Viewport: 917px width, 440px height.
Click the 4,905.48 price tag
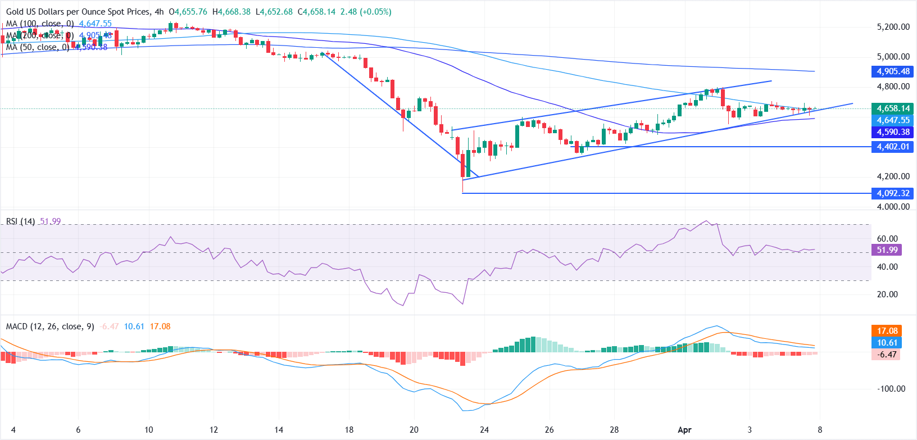point(893,71)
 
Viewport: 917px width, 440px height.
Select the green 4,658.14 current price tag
point(893,108)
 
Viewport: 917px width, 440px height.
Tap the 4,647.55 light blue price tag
point(893,120)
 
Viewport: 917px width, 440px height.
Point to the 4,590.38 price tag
point(893,132)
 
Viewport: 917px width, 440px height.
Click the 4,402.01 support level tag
point(893,147)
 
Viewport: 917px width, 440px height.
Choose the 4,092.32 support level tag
point(893,193)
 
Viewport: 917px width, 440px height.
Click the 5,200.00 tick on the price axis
point(893,26)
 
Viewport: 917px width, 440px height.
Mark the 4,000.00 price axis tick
point(893,206)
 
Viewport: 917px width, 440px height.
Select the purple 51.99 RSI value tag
point(887,250)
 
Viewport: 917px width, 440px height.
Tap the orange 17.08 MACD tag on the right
point(887,331)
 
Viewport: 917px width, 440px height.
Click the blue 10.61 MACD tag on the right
point(887,343)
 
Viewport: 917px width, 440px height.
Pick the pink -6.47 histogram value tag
point(887,355)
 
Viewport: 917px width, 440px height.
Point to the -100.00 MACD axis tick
point(891,389)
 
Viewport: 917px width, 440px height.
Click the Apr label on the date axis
point(684,430)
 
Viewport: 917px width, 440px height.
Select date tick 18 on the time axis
point(349,430)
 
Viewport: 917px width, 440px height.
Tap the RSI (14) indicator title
point(20,221)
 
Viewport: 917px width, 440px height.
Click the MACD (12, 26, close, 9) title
point(50,326)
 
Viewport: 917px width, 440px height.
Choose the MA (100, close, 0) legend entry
point(40,24)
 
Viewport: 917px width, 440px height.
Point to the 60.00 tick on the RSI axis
point(887,239)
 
